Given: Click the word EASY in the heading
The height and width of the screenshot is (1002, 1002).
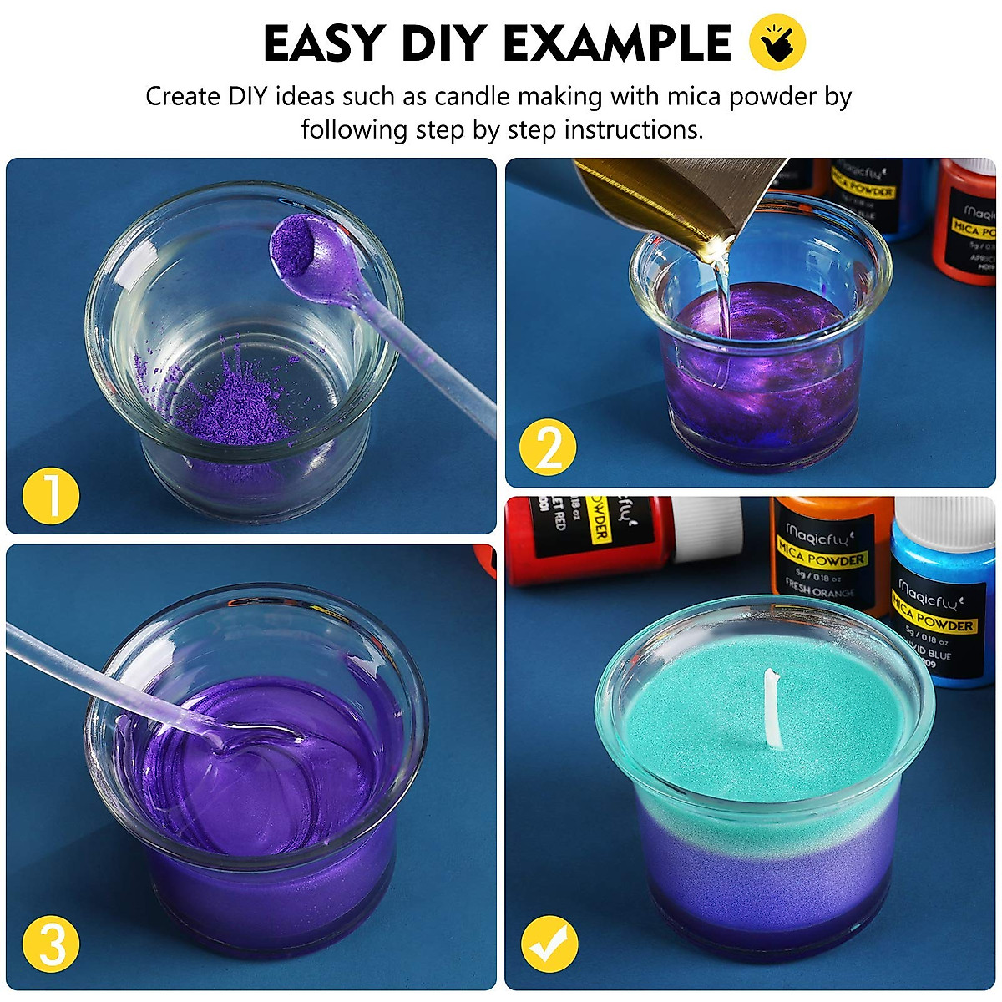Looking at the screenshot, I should (326, 43).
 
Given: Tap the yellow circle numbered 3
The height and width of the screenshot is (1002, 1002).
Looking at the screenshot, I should (52, 945).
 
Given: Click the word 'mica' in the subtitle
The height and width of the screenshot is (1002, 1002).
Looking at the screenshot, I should (694, 97).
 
